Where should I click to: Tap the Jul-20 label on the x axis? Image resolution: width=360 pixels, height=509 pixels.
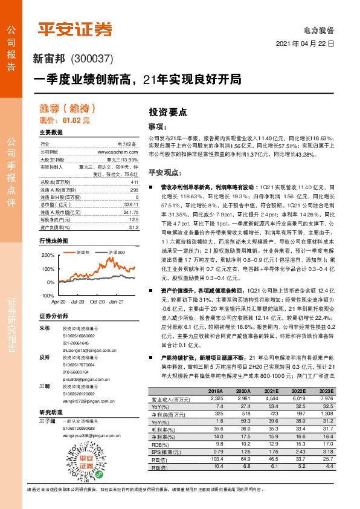77,300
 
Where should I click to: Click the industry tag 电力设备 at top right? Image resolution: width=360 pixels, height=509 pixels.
318,30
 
